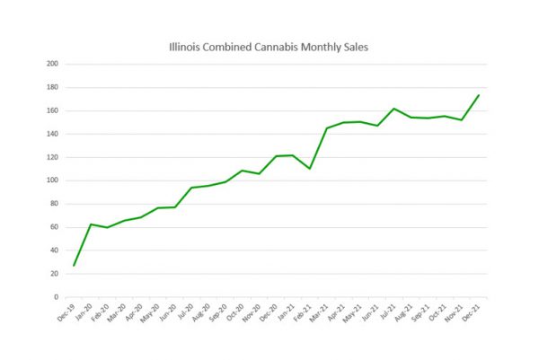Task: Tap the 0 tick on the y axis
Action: point(56,297)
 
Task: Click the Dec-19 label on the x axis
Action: point(66,312)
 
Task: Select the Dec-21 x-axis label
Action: point(470,312)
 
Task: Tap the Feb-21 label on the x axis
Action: point(301,312)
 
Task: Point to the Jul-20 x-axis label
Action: point(183,312)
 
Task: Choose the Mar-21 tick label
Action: point(318,312)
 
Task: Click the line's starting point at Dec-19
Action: point(74,265)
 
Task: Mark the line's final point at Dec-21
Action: point(479,95)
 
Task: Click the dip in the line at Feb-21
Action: point(310,169)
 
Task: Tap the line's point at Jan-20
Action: point(91,224)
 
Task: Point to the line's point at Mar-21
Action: point(327,128)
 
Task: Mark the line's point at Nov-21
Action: point(462,119)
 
